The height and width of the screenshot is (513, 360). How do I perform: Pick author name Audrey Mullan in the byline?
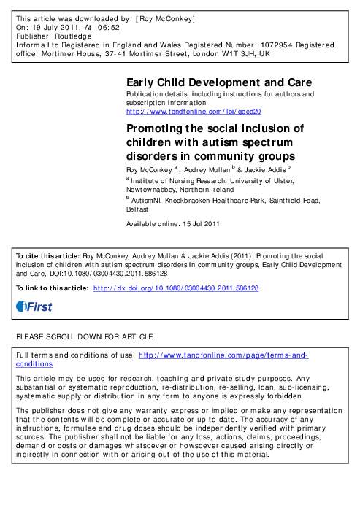(x=212, y=169)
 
